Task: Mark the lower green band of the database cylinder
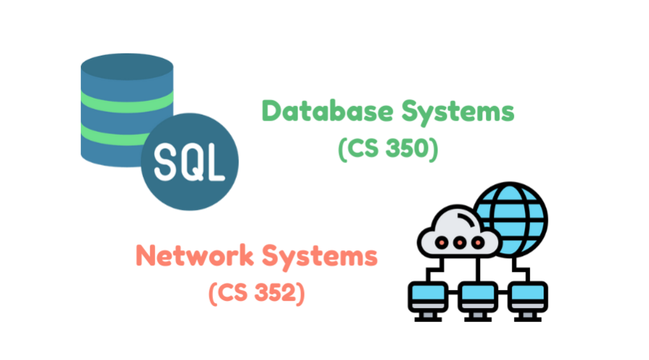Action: (108, 133)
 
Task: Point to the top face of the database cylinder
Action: (126, 65)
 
